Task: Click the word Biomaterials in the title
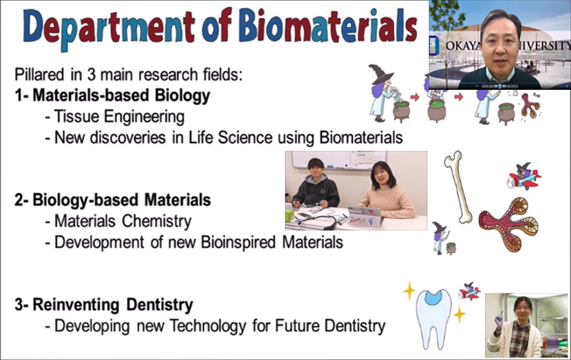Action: (x=328, y=26)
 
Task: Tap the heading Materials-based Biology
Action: (x=121, y=96)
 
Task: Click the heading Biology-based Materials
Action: (x=121, y=201)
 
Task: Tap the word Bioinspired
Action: (x=238, y=242)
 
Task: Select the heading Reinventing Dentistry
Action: (x=113, y=305)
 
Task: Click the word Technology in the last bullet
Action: (x=208, y=326)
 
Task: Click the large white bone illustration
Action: (x=458, y=187)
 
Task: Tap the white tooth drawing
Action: (x=433, y=318)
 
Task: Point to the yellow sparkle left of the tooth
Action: (x=409, y=291)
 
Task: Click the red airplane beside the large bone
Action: (x=525, y=177)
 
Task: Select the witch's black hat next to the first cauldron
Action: (x=380, y=74)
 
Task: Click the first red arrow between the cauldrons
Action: (x=415, y=97)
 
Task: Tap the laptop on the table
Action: (x=365, y=216)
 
